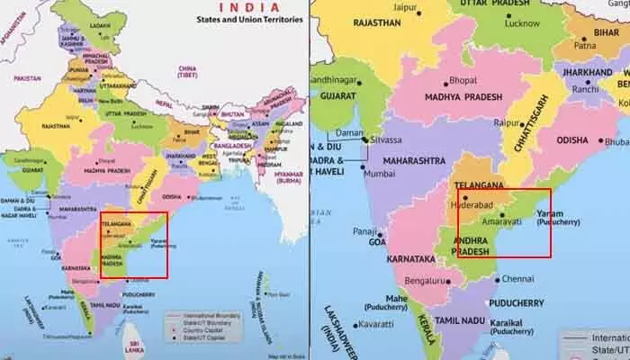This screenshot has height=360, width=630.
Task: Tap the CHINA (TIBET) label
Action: point(187,71)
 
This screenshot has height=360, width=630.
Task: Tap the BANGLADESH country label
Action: point(230,144)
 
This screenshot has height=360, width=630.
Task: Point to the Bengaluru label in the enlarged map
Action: point(432,282)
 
